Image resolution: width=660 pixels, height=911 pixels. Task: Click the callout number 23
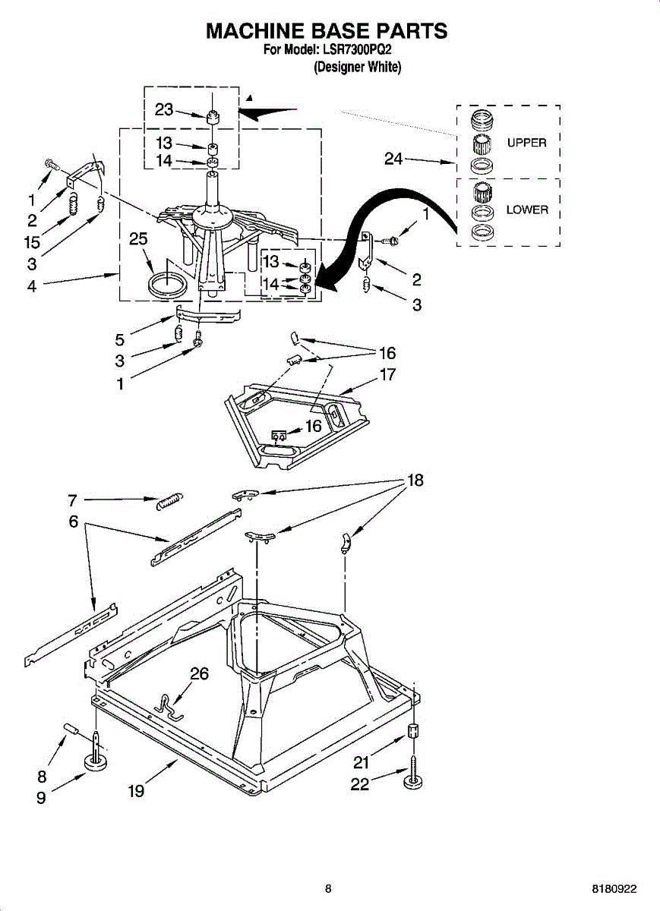click(x=164, y=109)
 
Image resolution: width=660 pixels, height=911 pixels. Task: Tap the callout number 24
click(x=393, y=159)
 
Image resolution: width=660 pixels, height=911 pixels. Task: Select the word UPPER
click(x=526, y=143)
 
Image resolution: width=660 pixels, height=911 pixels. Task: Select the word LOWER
click(x=527, y=210)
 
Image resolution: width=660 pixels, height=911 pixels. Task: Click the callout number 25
click(x=138, y=239)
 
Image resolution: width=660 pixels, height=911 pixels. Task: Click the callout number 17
click(x=387, y=374)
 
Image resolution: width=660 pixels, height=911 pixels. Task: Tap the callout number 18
click(x=415, y=480)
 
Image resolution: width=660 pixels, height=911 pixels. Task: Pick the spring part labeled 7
click(x=169, y=500)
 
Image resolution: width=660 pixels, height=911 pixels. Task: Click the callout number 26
click(x=199, y=673)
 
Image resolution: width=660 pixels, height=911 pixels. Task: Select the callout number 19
click(x=136, y=791)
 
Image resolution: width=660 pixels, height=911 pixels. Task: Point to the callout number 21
click(x=362, y=763)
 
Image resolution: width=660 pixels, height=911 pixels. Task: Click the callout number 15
click(x=32, y=244)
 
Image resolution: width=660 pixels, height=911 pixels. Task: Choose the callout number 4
click(x=32, y=287)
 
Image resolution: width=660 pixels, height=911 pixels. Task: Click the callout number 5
click(x=120, y=340)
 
